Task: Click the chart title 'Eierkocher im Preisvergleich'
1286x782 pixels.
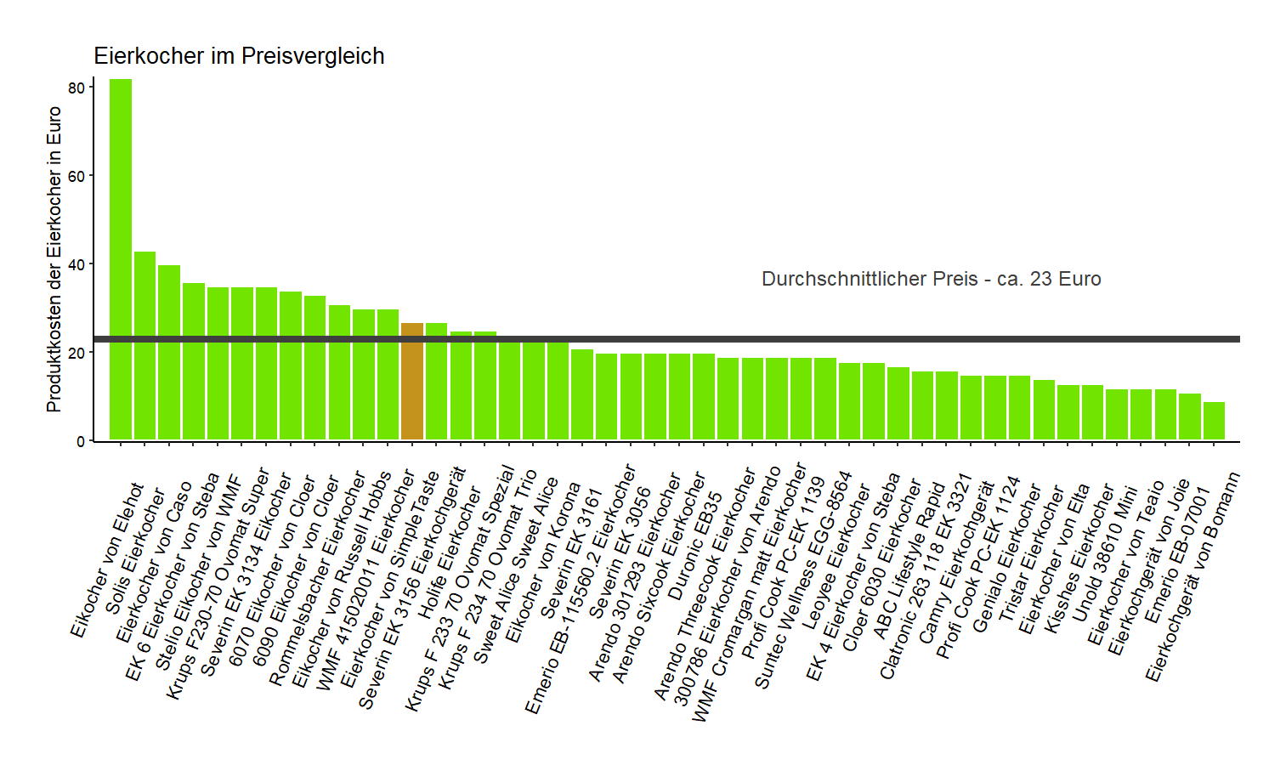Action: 239,56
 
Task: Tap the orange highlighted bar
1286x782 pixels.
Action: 412,382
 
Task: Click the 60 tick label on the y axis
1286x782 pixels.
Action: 76,176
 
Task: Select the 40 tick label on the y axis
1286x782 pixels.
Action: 76,264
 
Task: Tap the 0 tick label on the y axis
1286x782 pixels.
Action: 81,441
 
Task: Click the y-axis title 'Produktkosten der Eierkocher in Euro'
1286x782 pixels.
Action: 54,259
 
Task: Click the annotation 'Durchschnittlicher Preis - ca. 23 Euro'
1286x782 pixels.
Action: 931,279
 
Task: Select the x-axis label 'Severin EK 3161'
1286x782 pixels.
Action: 571,552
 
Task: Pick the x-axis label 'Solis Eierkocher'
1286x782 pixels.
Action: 135,552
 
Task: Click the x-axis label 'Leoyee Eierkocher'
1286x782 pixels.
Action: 836,557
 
